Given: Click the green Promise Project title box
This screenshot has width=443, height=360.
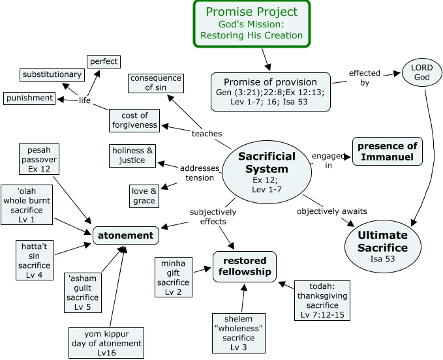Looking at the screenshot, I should [x=251, y=23].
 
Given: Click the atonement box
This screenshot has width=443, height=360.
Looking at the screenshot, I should [x=126, y=235].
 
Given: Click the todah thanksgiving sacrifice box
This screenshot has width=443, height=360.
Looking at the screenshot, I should [x=322, y=301].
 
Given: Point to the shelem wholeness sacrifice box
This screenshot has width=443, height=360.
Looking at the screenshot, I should [x=239, y=333].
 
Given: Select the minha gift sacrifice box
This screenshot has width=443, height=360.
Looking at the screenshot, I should [x=172, y=278].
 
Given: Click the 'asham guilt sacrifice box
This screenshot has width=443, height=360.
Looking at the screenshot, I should [x=83, y=292].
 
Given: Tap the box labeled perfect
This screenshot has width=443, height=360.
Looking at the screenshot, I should [x=103, y=61].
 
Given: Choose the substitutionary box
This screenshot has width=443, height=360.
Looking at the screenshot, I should [x=52, y=74].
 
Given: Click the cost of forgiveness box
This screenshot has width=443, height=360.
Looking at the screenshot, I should [x=134, y=120].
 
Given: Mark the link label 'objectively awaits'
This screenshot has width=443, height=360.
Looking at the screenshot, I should [x=331, y=211].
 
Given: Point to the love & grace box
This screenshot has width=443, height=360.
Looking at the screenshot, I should [x=144, y=196].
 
